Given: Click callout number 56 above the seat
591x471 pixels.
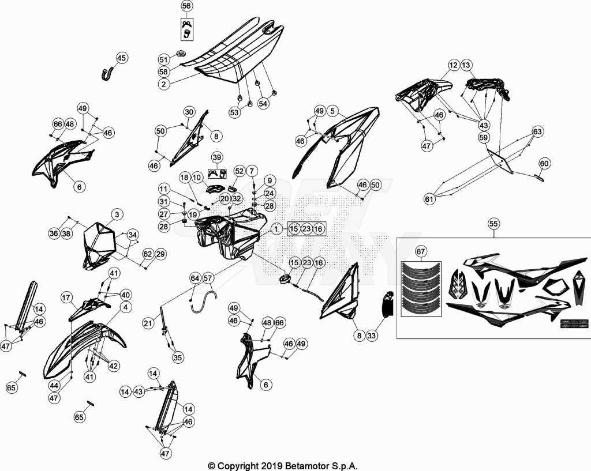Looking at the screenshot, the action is click(x=186, y=6).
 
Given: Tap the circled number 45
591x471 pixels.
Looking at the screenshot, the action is click(x=121, y=58).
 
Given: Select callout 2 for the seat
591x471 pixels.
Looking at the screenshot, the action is click(x=163, y=84).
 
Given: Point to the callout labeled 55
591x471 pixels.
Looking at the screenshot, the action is click(x=493, y=224).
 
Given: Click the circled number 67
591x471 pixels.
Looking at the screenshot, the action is click(x=421, y=251).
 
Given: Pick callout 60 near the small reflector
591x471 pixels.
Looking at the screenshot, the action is click(x=544, y=163).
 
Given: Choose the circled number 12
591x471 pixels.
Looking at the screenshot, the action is click(x=454, y=65).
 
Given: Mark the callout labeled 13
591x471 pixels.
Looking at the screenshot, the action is click(x=466, y=65).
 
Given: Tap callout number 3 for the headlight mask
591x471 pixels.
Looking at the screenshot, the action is click(x=117, y=214).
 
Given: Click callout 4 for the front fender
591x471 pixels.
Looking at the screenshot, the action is click(x=125, y=307).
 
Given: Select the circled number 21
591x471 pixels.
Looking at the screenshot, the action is click(x=148, y=323).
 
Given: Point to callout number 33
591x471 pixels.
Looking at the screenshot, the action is click(x=372, y=335).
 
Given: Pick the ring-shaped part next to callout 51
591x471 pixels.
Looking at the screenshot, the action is click(x=181, y=53).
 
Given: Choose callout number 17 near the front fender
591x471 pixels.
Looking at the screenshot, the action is click(x=66, y=298).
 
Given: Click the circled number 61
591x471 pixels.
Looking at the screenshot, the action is click(x=429, y=198).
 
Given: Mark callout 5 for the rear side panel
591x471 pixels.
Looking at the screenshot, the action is click(x=332, y=111).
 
